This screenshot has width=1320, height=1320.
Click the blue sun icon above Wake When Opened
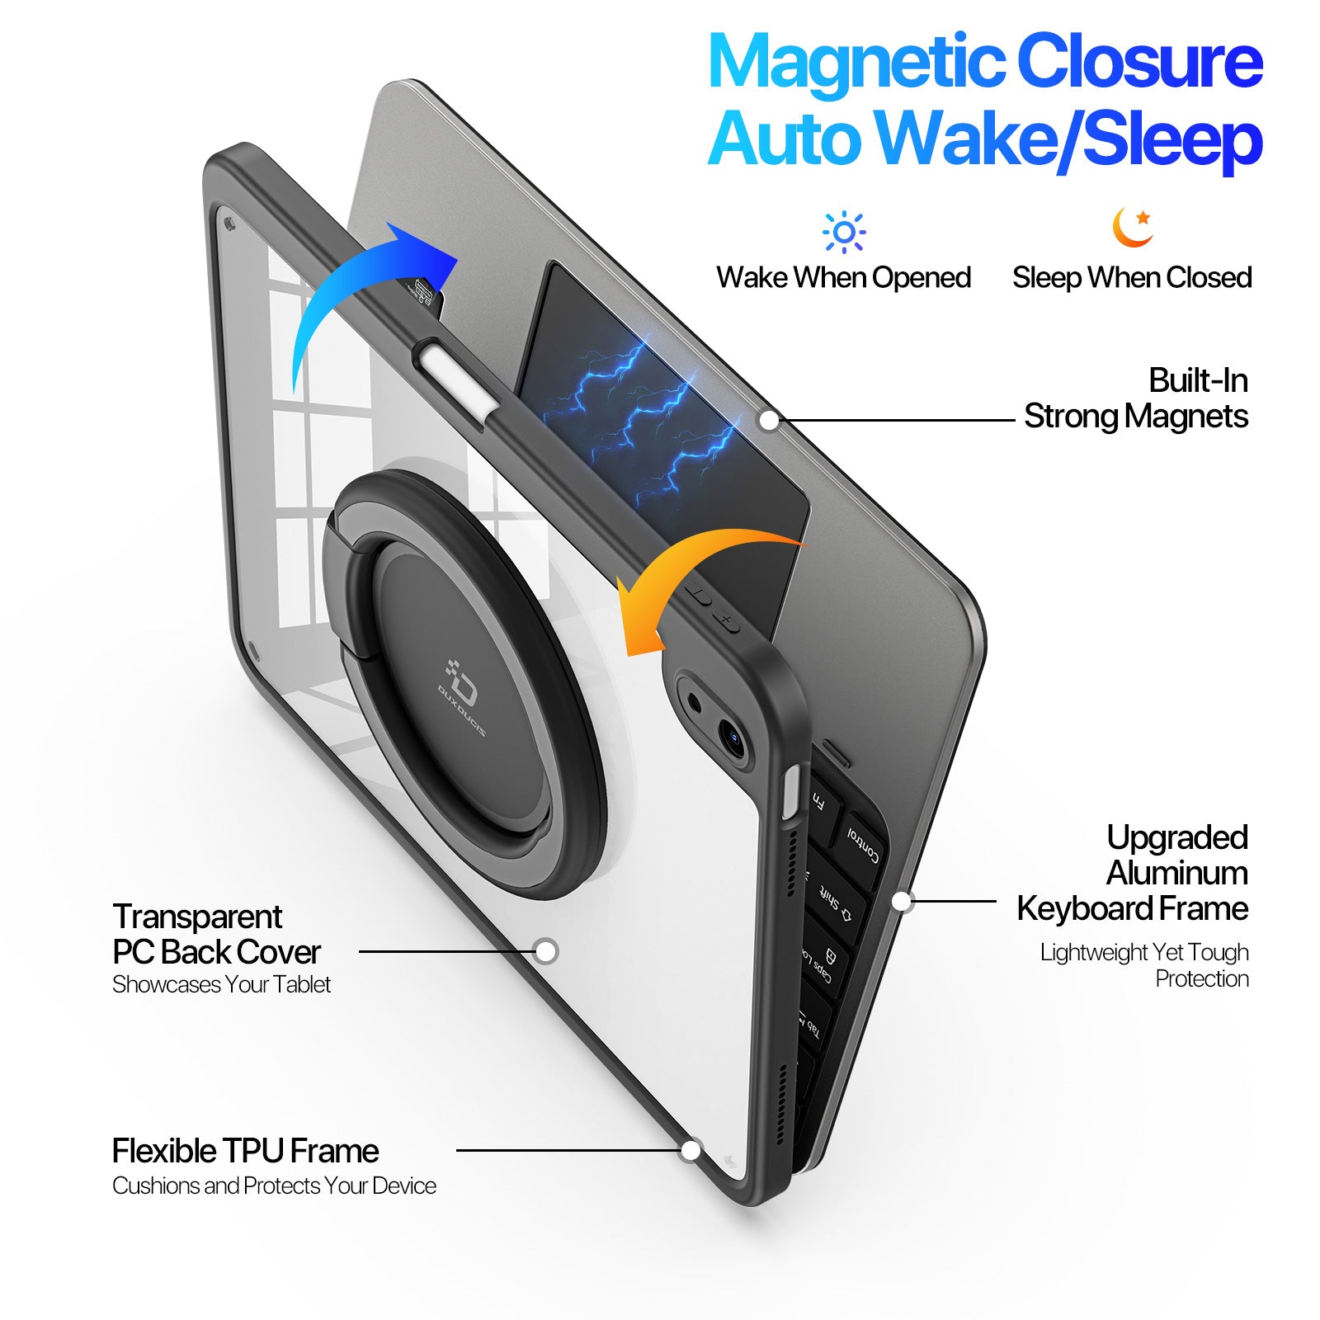tap(844, 232)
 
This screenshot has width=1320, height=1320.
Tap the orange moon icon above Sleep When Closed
tap(1132, 227)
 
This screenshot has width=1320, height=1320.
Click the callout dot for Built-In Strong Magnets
tap(768, 420)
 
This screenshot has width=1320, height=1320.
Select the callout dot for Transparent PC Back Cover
tap(545, 951)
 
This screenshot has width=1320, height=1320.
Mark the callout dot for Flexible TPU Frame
tap(691, 1150)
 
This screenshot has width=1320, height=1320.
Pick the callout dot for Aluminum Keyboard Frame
tap(902, 901)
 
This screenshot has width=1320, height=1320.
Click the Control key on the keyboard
tap(862, 846)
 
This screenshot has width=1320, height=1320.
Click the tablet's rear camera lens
tap(730, 734)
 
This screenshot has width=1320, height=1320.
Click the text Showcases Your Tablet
tap(221, 984)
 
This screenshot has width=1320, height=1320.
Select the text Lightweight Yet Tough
tap(1144, 952)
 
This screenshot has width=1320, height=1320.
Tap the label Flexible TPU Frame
tap(245, 1150)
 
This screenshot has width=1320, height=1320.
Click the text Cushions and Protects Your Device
tap(274, 1186)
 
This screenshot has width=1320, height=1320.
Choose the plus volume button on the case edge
tap(726, 620)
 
